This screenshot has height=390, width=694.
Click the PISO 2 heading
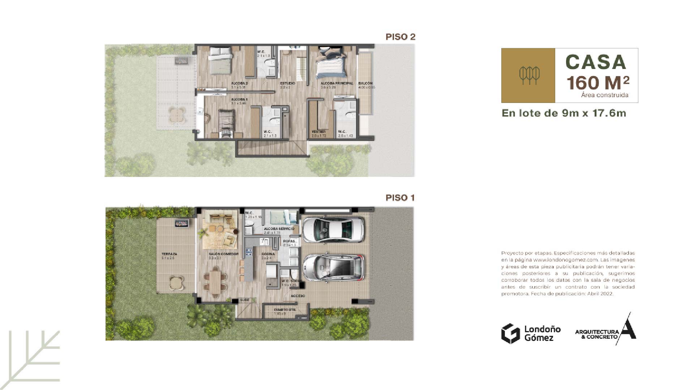(400, 37)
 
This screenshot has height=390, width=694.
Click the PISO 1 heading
(400, 198)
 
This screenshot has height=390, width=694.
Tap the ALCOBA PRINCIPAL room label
(337, 83)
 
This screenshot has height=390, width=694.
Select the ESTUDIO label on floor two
(287, 83)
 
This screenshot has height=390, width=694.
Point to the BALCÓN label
(365, 83)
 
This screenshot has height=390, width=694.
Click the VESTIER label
(318, 132)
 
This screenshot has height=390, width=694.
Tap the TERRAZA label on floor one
(169, 254)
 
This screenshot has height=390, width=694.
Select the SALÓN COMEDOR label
(223, 254)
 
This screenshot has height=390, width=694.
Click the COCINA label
(268, 254)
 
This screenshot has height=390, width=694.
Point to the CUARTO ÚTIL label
(285, 310)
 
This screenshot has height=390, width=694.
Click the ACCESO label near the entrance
(298, 296)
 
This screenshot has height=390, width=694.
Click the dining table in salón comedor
(216, 282)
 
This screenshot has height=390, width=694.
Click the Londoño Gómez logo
(531, 333)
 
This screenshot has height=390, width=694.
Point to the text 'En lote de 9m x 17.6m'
(564, 113)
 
